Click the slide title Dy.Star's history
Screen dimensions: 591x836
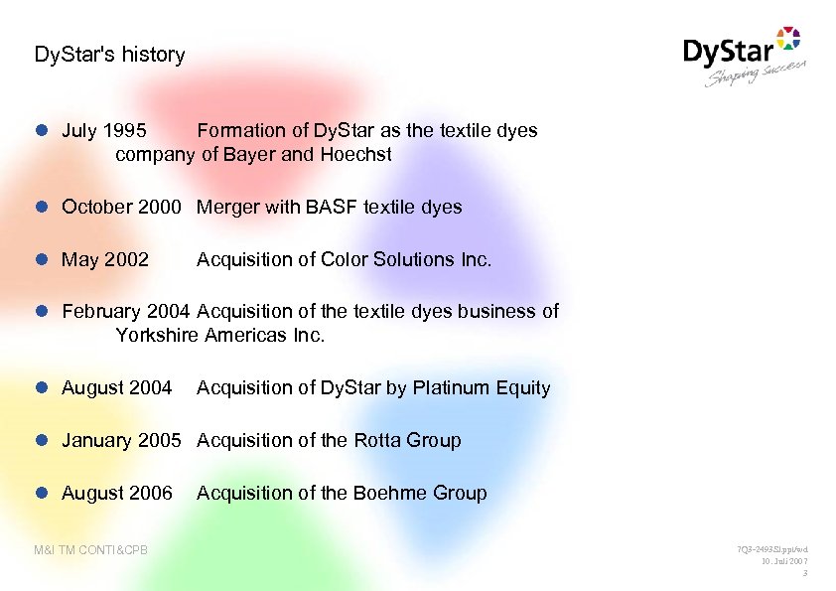tap(109, 55)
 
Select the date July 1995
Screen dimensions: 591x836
tap(104, 131)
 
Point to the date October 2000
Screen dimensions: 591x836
tap(121, 208)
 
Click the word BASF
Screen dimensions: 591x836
tap(333, 208)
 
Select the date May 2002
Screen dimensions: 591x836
tap(105, 260)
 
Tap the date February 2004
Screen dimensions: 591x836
tap(126, 312)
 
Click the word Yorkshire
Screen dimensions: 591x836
tap(157, 336)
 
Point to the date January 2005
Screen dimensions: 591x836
tap(121, 441)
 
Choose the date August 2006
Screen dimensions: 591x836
tap(117, 494)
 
